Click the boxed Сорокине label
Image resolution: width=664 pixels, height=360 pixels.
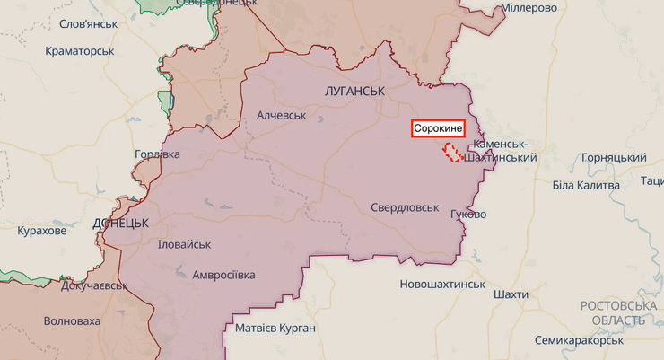tap(438, 128)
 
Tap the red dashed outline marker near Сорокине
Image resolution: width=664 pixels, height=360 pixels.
tap(452, 152)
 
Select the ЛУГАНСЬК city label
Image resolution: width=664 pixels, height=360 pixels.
tap(354, 92)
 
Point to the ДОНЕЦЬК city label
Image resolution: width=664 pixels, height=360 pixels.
tap(120, 222)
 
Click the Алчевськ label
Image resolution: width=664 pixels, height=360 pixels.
tap(282, 116)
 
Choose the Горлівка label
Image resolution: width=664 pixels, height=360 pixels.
tap(157, 154)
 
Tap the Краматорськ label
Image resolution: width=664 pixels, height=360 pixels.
tap(80, 51)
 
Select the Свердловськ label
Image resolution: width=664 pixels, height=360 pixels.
tap(405, 207)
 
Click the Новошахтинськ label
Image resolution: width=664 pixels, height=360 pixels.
tap(442, 285)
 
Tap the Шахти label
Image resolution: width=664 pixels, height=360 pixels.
tap(511, 294)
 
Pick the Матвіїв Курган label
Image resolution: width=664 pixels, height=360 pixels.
tap(275, 328)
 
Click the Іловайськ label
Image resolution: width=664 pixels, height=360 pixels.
tap(184, 244)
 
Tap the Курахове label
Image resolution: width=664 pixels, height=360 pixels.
tap(42, 232)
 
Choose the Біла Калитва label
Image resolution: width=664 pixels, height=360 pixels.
tap(586, 185)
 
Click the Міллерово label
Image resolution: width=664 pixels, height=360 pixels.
tap(529, 7)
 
